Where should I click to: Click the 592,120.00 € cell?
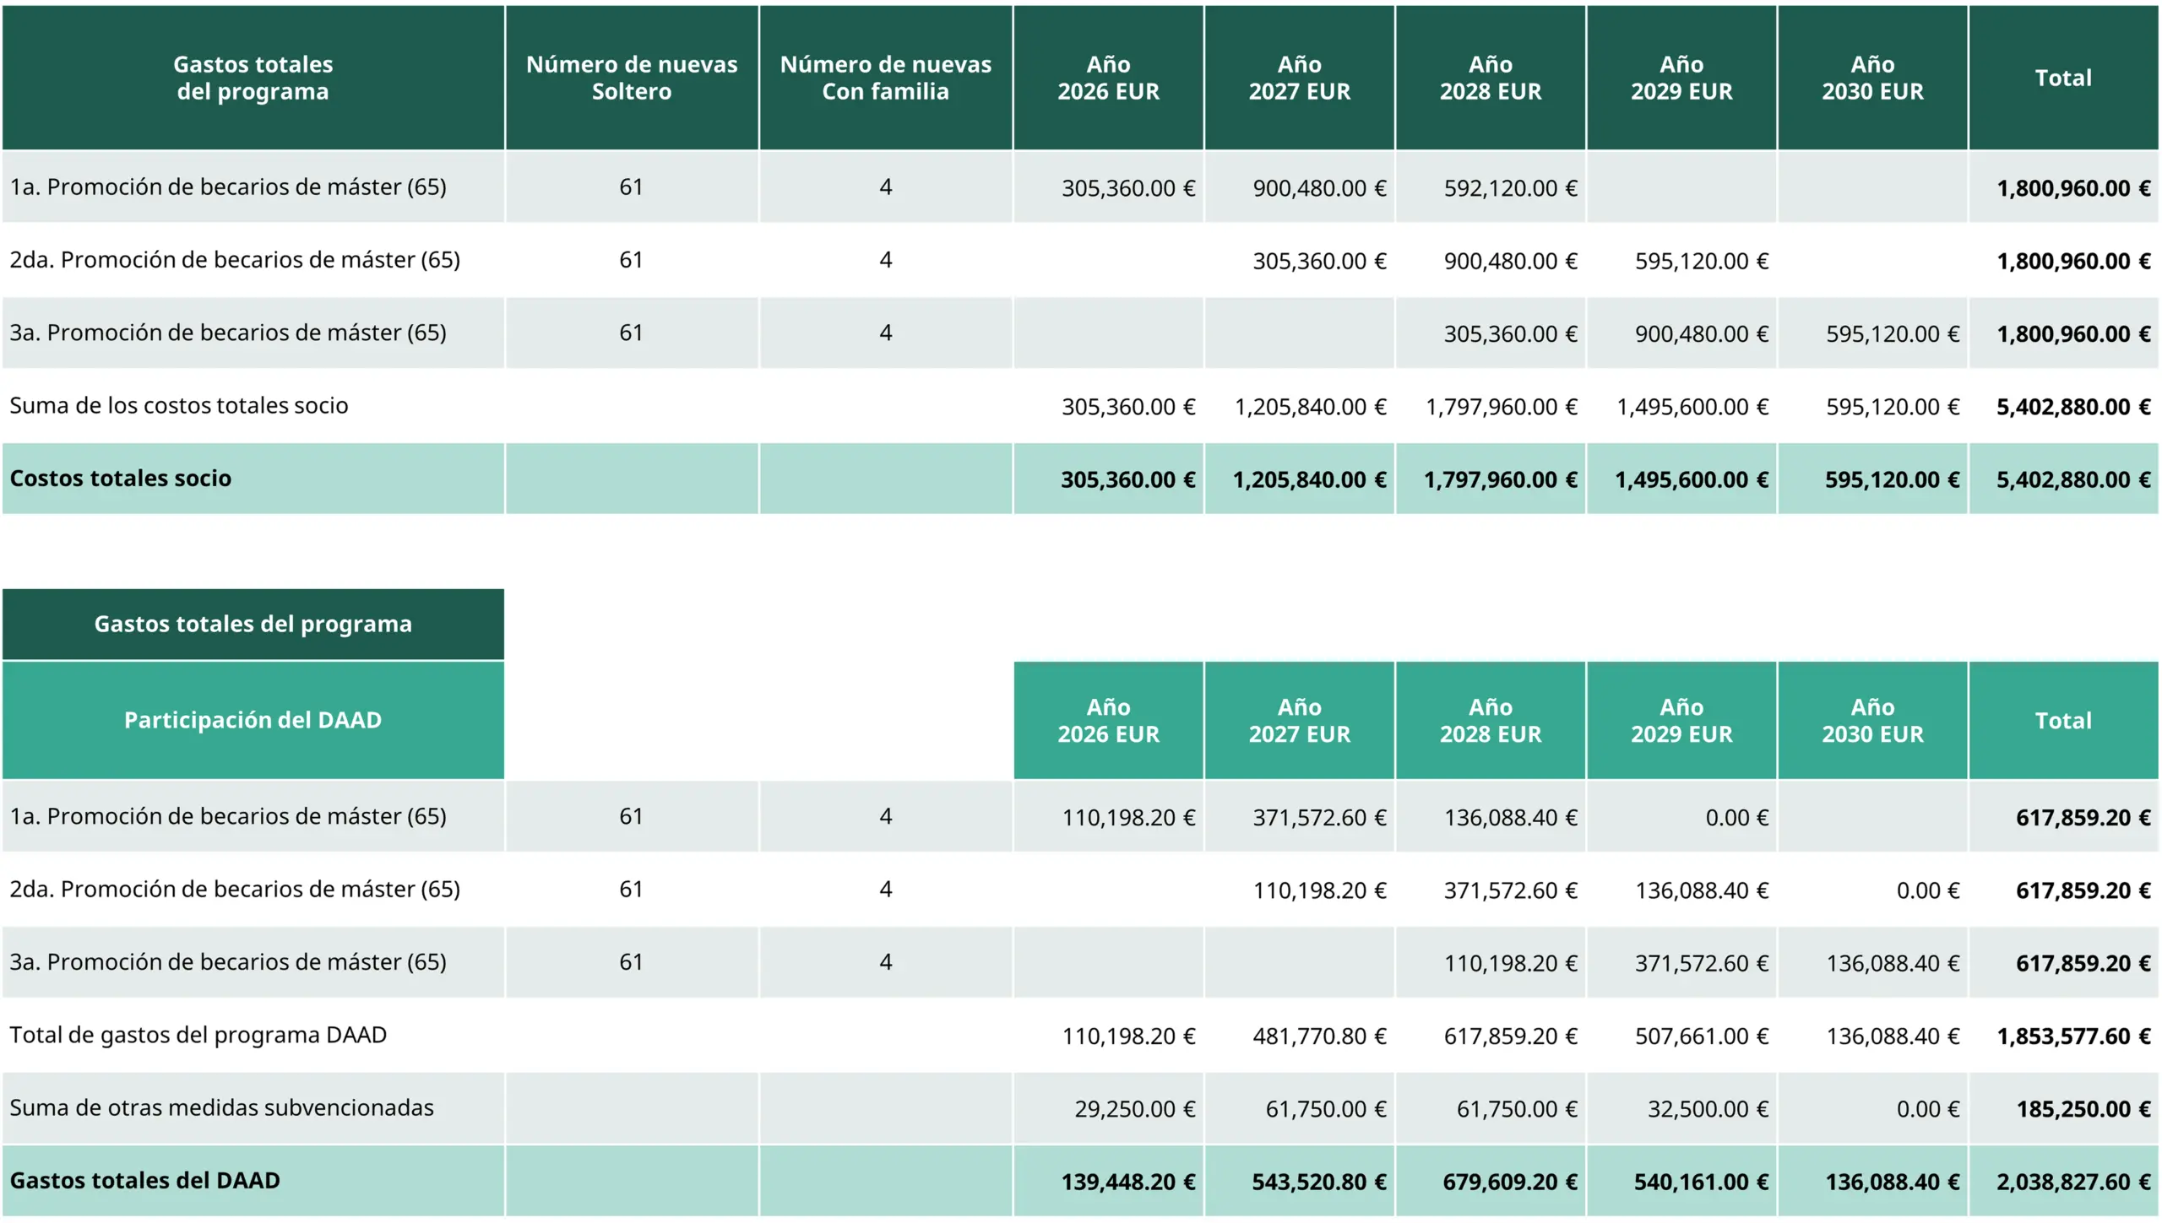point(1510,188)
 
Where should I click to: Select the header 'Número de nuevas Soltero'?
point(632,78)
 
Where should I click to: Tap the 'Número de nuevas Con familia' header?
point(885,78)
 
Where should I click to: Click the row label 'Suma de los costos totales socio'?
point(179,406)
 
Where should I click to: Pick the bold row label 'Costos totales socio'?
point(121,479)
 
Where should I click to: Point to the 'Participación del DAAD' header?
point(253,720)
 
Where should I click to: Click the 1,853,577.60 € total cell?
point(2072,1036)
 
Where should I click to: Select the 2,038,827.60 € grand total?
point(2072,1182)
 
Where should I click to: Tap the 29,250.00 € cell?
point(1134,1109)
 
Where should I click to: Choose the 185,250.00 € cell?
point(2083,1109)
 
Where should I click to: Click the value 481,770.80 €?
point(1319,1036)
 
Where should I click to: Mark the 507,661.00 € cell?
point(1701,1036)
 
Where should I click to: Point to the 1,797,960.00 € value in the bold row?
point(1500,480)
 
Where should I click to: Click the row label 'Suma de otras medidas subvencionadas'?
point(221,1108)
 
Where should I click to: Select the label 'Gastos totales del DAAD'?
point(145,1181)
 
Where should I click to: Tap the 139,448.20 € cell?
point(1128,1182)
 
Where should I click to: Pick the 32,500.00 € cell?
point(1708,1109)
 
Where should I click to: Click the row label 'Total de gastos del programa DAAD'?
point(198,1036)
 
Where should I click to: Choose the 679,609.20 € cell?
point(1509,1182)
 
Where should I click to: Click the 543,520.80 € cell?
point(1318,1182)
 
